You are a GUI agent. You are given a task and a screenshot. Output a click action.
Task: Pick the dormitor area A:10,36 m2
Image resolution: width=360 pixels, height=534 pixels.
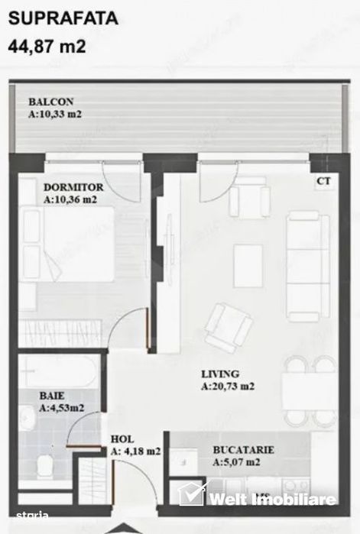[70, 200]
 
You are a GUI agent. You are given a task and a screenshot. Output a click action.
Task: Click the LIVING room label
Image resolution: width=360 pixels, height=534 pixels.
[220, 374]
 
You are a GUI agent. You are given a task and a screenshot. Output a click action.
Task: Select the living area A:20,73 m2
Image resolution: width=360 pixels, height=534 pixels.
[228, 387]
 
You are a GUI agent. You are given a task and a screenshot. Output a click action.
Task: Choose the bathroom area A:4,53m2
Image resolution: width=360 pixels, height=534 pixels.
[61, 409]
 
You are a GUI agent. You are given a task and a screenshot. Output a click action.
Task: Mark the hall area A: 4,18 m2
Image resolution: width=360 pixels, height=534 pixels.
[135, 451]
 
